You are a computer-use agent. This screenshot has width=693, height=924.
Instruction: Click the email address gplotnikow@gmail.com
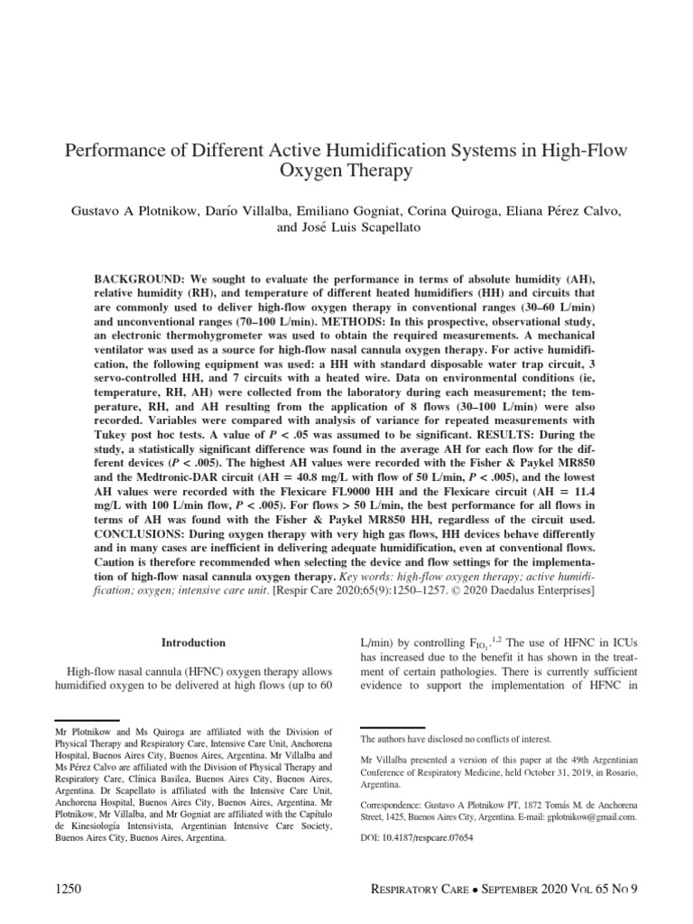pyautogui.click(x=586, y=816)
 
